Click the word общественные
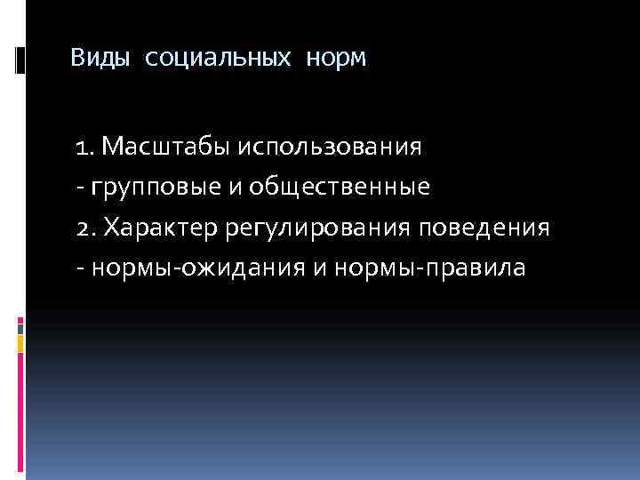tap(340, 187)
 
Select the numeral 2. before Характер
tap(87, 228)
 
